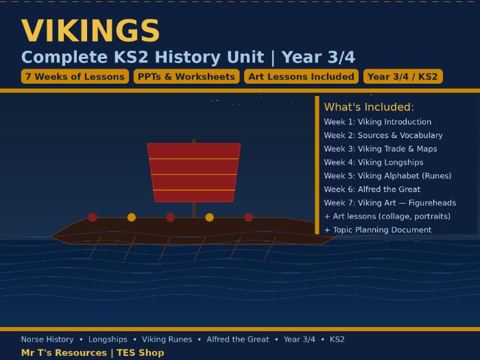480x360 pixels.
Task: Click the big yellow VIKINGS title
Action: pyautogui.click(x=91, y=31)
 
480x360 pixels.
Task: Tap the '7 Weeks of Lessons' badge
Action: pyautogui.click(x=75, y=77)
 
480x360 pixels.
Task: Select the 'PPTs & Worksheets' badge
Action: pyautogui.click(x=186, y=77)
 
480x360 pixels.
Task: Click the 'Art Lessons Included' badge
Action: pyautogui.click(x=301, y=77)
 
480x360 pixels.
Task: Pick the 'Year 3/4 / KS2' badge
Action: pyautogui.click(x=403, y=77)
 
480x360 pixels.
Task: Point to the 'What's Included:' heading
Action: pyautogui.click(x=369, y=107)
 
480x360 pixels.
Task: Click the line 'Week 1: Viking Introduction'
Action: pyautogui.click(x=377, y=122)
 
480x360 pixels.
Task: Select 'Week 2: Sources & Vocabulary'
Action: pyautogui.click(x=383, y=136)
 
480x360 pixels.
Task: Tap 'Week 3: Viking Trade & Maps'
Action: pyautogui.click(x=380, y=149)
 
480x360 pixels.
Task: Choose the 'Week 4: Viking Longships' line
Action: pyautogui.click(x=373, y=163)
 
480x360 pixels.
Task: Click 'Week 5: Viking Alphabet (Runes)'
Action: pyautogui.click(x=387, y=176)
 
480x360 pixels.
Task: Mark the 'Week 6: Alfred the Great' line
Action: pyautogui.click(x=372, y=189)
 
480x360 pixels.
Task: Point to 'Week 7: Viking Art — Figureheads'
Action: pyautogui.click(x=389, y=203)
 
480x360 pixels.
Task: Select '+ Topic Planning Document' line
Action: pyautogui.click(x=378, y=230)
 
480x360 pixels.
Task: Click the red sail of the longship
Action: pyautogui.click(x=193, y=172)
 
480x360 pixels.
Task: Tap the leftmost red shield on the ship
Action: pyautogui.click(x=93, y=217)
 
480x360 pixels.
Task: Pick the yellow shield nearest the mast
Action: pyautogui.click(x=209, y=217)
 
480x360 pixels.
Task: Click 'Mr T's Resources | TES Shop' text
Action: pyautogui.click(x=93, y=352)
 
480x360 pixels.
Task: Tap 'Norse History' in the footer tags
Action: pyautogui.click(x=47, y=339)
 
